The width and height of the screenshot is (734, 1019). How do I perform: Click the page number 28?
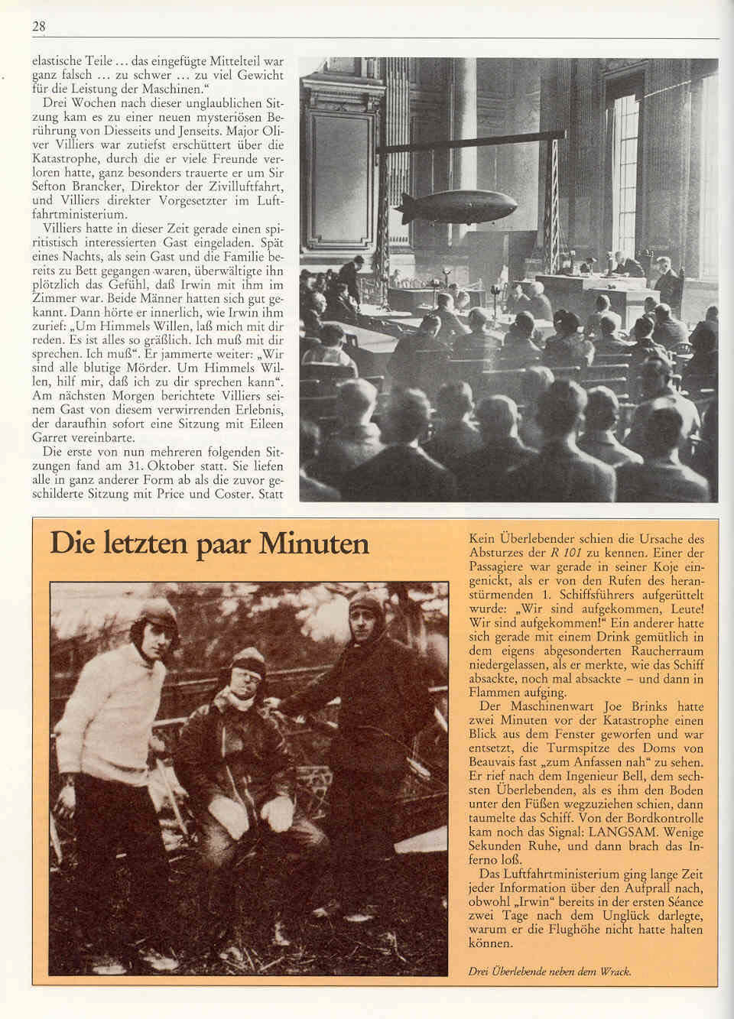pyautogui.click(x=39, y=27)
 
